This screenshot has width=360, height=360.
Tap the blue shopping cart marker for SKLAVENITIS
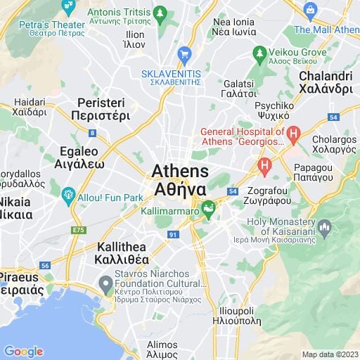185,54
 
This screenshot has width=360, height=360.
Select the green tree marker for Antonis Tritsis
160,13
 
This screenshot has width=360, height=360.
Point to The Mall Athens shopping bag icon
310,10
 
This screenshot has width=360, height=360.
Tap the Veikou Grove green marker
259,53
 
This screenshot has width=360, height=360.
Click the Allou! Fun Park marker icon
68,195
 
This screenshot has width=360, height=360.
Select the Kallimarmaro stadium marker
208,208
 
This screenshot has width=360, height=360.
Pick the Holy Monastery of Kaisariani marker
324,227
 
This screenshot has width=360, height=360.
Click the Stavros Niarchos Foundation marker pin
105,284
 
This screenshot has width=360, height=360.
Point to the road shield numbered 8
93,132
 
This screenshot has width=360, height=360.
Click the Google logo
24,352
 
